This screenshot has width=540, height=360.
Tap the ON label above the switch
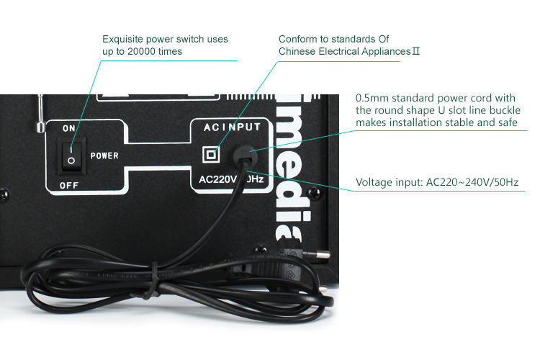click(x=69, y=127)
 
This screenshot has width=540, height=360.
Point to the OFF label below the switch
click(x=69, y=185)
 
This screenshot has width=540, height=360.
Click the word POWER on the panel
click(x=104, y=155)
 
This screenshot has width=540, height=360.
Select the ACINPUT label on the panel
click(x=232, y=127)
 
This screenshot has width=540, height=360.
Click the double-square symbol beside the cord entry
click(x=212, y=154)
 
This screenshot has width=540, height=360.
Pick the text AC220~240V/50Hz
click(x=472, y=182)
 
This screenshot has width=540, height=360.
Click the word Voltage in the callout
click(x=374, y=182)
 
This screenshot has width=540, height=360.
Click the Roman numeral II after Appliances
click(x=415, y=52)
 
